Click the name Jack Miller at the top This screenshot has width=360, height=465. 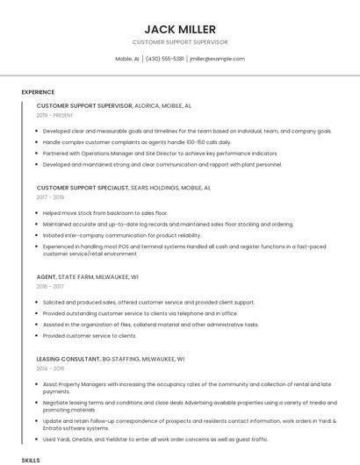(x=179, y=29)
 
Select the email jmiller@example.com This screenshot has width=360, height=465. (x=217, y=59)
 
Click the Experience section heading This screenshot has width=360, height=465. (x=38, y=92)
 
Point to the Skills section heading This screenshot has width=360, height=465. (x=31, y=460)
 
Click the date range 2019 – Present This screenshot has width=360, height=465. (x=55, y=115)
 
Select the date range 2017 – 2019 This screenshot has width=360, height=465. (x=51, y=197)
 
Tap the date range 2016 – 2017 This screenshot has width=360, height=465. (x=51, y=286)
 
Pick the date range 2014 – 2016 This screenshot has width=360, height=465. (x=51, y=368)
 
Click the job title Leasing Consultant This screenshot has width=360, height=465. (x=68, y=359)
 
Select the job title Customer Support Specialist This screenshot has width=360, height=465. (x=82, y=188)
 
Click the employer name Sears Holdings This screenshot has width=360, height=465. (x=154, y=188)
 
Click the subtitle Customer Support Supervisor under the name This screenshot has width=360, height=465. (x=179, y=41)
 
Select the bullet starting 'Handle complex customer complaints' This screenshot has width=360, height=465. (x=137, y=141)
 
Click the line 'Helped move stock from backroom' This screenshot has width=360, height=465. (x=104, y=213)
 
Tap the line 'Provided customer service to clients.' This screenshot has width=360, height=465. (x=90, y=335)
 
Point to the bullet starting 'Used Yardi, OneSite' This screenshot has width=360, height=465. (x=155, y=439)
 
